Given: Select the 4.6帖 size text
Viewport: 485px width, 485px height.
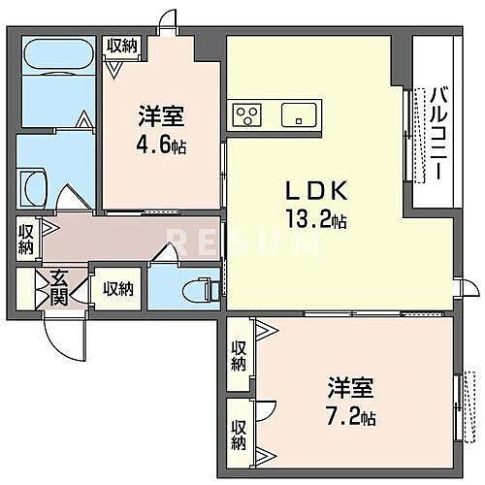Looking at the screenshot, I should pos(161,145).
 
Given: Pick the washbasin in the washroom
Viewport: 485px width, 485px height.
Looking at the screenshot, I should pos(33,184).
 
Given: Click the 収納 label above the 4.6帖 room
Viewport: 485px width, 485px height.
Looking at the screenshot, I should pos(122,45).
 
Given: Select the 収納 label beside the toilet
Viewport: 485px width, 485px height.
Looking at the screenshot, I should pos(118,287).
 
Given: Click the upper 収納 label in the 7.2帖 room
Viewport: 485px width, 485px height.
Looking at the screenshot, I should pos(239,356).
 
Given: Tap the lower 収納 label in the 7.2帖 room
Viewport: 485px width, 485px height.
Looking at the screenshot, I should pos(239,435).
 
